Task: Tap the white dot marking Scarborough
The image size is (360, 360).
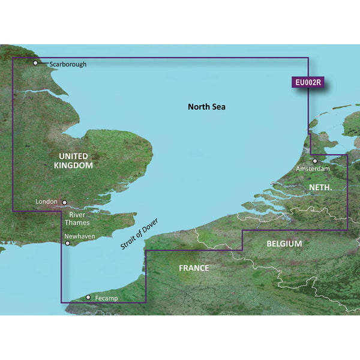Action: pos(36,62)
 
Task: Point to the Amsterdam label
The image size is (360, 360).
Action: pos(313,170)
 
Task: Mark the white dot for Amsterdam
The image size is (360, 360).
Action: pos(315,161)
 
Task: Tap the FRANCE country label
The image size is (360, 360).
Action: pos(194,268)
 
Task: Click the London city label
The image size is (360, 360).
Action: pos(46,202)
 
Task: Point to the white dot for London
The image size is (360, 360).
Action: pos(64,203)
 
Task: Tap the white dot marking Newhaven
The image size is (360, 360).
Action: pos(67,243)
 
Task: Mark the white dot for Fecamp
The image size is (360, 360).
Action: pos(88,297)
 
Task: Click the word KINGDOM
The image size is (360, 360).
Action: pos(73,164)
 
